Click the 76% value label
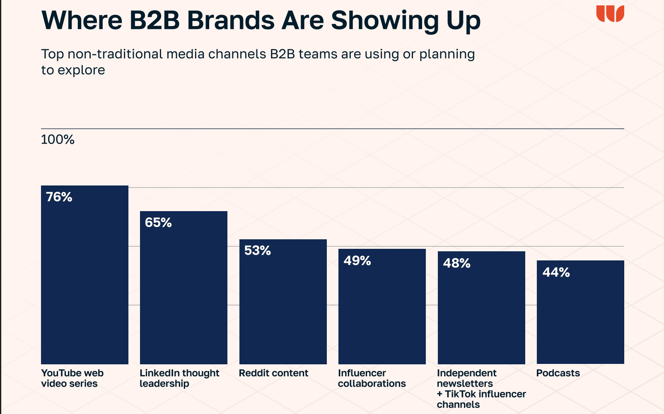[x=59, y=197]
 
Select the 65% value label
[x=158, y=223]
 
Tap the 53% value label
[x=258, y=250]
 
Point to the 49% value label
[x=357, y=261]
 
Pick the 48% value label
[x=456, y=263]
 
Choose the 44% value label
[x=556, y=272]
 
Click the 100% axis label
[x=58, y=140]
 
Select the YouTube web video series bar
[x=85, y=282]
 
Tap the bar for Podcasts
[x=580, y=319]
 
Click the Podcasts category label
[x=558, y=373]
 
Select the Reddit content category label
[x=273, y=373]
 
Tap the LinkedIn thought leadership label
[x=179, y=378]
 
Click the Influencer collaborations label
[x=372, y=378]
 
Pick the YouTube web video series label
[x=72, y=378]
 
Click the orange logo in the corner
[x=610, y=14]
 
